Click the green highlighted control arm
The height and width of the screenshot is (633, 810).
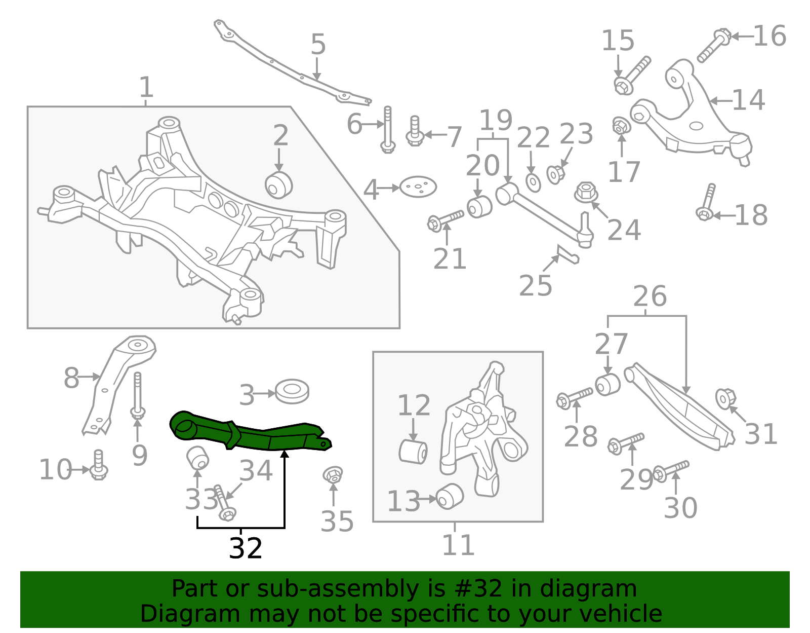point(253,433)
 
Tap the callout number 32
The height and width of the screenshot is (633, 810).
point(246,548)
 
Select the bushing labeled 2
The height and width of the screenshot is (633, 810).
point(279,185)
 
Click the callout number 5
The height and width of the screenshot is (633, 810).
point(318,45)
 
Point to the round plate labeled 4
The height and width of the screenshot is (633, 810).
point(418,187)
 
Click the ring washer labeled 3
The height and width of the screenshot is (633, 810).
point(292,391)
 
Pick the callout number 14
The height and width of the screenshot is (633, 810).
point(748,100)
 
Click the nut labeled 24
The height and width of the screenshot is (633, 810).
point(586,193)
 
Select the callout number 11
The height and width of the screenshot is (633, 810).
point(458,545)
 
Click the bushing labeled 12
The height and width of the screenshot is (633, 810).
point(413,452)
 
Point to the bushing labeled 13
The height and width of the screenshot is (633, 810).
point(450,496)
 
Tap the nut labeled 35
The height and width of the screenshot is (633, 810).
point(333,475)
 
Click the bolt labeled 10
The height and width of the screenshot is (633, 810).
point(99,465)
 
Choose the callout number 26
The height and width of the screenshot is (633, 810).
point(650,296)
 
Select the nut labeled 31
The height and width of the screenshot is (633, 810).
point(725,398)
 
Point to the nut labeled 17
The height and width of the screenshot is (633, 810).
point(620,126)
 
